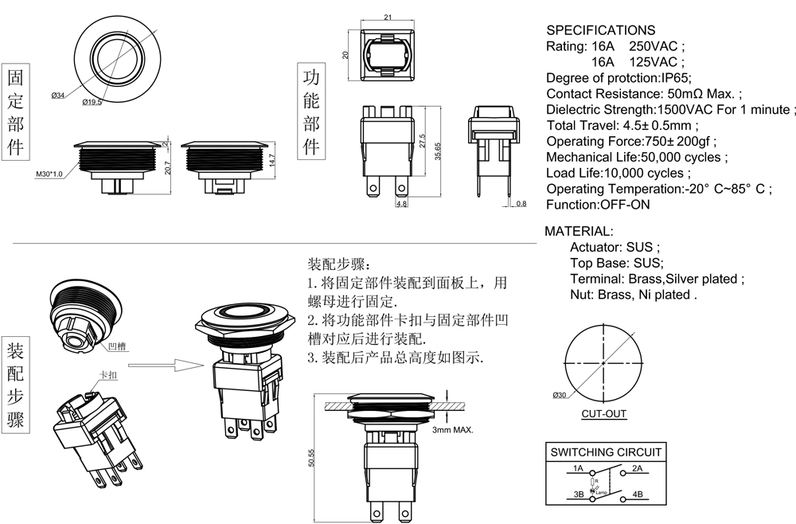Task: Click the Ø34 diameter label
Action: click(x=57, y=96)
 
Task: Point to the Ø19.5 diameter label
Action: click(x=92, y=102)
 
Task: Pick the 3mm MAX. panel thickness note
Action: click(x=453, y=430)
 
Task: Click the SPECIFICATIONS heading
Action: click(x=600, y=30)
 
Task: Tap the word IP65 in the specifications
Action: click(x=676, y=77)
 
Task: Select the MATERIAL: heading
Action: click(x=579, y=231)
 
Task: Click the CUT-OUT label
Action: click(x=603, y=413)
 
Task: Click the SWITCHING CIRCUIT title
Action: click(x=606, y=452)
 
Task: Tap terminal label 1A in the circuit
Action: click(x=578, y=468)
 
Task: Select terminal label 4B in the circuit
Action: click(x=638, y=494)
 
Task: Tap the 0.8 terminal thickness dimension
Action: click(x=521, y=205)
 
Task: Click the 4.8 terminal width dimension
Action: click(x=401, y=204)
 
